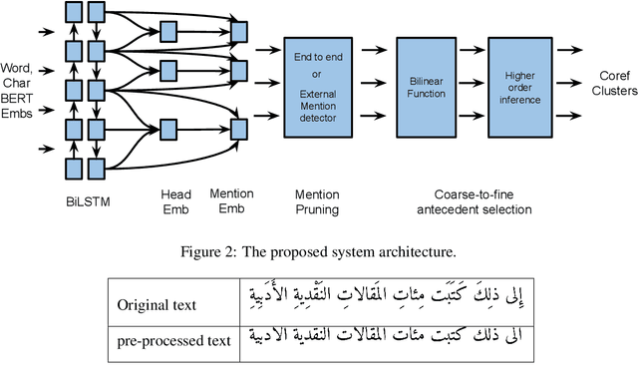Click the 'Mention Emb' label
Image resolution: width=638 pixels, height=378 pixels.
(232, 201)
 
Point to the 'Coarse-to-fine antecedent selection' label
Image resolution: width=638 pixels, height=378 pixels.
(472, 201)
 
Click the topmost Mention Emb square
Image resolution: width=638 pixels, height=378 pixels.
(239, 33)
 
